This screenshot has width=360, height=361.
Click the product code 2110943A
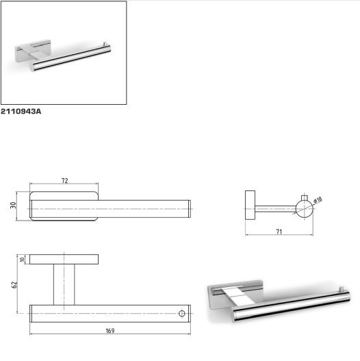21,112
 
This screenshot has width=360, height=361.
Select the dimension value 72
64,181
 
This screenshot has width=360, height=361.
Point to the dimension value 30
13,205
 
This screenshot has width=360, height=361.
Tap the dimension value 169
110,331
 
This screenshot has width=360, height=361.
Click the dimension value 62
14,285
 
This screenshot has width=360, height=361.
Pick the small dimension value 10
23,260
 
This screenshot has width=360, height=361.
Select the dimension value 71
279,232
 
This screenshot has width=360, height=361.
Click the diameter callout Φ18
318,199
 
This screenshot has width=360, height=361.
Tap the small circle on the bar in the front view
182,313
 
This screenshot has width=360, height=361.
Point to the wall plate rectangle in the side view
250,205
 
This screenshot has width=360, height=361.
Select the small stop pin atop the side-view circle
305,198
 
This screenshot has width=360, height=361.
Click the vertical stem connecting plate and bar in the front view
64,284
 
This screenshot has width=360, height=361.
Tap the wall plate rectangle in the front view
64,259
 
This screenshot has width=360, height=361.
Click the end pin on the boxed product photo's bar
105,44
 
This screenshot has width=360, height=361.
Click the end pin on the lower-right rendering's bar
342,289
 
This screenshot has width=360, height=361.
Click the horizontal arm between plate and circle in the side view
276,209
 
